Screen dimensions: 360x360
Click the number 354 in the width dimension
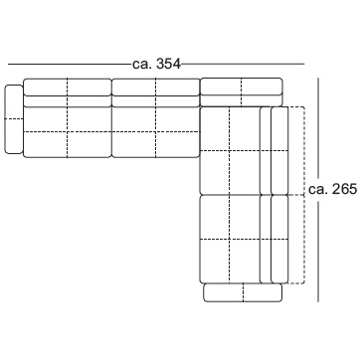click(169, 64)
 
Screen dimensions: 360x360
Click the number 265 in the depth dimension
click(345, 189)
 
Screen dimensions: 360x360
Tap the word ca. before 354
click(142, 65)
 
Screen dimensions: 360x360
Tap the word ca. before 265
click(318, 190)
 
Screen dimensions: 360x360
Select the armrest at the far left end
click(14, 119)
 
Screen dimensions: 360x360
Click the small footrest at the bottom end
click(243, 292)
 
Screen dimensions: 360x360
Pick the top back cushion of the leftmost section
click(68, 88)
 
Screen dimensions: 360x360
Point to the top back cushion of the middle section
click(156, 88)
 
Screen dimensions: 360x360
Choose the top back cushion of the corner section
click(242, 87)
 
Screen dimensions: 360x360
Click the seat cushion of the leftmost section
click(68, 132)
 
